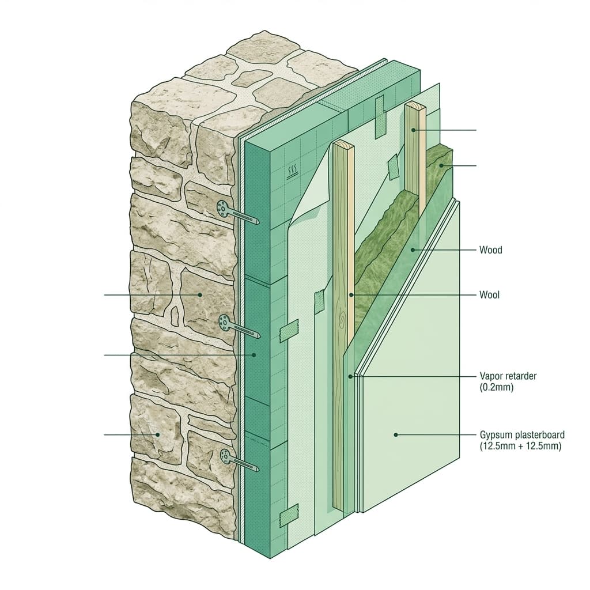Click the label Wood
[x=491, y=250]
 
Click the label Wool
[x=490, y=294]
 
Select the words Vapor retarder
[x=508, y=376]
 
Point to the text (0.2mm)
[x=496, y=387]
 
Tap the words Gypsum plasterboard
[x=522, y=435]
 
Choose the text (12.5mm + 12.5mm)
[x=520, y=447]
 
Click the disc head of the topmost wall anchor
[x=222, y=209]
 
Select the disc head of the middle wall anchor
[x=224, y=323]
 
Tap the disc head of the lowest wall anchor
[x=226, y=457]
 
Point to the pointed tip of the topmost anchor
[x=259, y=222]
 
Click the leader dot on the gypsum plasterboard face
[x=396, y=435]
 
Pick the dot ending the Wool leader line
[x=351, y=295]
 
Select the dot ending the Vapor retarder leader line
[x=350, y=376]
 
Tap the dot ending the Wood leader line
[x=413, y=250]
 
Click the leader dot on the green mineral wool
[x=441, y=165]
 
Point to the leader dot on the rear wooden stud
[x=413, y=130]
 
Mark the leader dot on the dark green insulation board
[x=254, y=355]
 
